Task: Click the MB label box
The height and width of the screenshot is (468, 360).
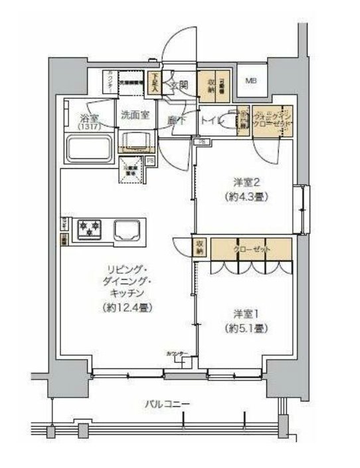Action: [x=251, y=82]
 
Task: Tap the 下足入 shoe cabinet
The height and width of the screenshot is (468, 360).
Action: [x=154, y=84]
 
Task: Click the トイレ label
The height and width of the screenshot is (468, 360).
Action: [x=212, y=121]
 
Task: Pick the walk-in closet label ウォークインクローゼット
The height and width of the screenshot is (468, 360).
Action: [x=274, y=121]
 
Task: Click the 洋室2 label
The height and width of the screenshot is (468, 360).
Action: [x=244, y=181]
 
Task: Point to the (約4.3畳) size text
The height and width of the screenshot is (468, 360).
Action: [x=244, y=196]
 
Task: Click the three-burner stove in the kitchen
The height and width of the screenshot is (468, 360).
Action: [x=90, y=229]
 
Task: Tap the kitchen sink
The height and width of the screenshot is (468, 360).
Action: [x=126, y=230]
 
